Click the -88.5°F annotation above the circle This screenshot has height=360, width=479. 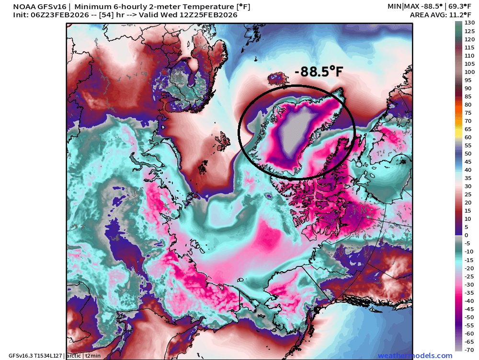coord(319,72)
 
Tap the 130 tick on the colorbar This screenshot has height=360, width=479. coord(470,23)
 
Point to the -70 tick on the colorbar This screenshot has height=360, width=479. coord(470,349)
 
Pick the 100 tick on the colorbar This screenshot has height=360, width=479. coord(470,72)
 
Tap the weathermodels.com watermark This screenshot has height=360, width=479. coord(415,356)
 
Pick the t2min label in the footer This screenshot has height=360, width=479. coord(93,356)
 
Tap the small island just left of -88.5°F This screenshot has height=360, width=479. coord(276,78)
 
